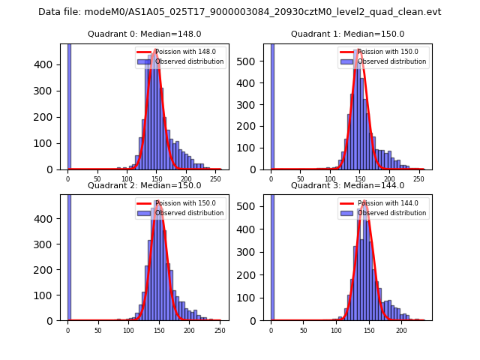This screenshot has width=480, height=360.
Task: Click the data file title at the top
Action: point(240,12)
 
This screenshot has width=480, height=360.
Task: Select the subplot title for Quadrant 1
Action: point(347,34)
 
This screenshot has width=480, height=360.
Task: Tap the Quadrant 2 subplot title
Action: point(144,185)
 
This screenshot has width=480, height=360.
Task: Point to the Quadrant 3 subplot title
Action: point(347,185)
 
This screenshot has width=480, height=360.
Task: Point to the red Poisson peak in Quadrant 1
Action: point(359,49)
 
